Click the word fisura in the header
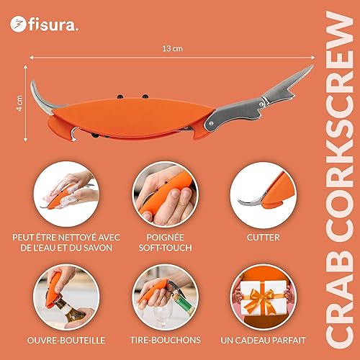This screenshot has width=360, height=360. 49,24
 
